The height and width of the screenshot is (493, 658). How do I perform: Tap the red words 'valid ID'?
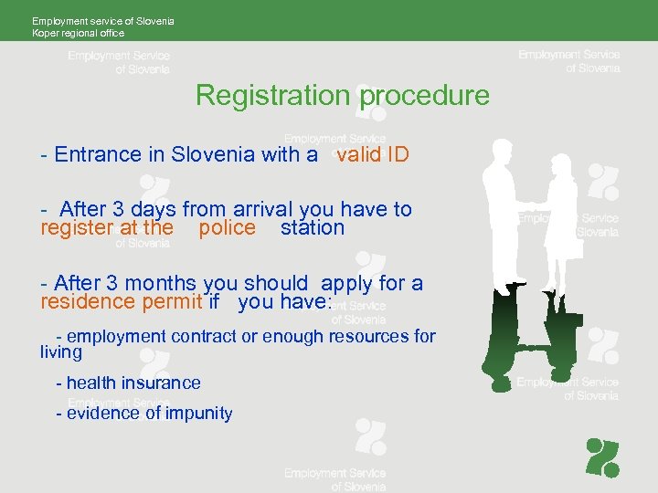tap(372, 154)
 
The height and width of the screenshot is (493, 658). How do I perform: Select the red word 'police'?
tap(227, 228)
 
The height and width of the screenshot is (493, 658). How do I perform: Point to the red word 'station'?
tap(313, 228)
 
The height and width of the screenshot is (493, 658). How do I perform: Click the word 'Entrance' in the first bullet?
tap(99, 154)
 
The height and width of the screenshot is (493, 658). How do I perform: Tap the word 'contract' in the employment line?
tap(200, 336)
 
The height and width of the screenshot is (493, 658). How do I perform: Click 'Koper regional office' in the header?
tap(79, 33)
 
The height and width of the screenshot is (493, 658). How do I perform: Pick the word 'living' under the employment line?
tap(61, 351)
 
